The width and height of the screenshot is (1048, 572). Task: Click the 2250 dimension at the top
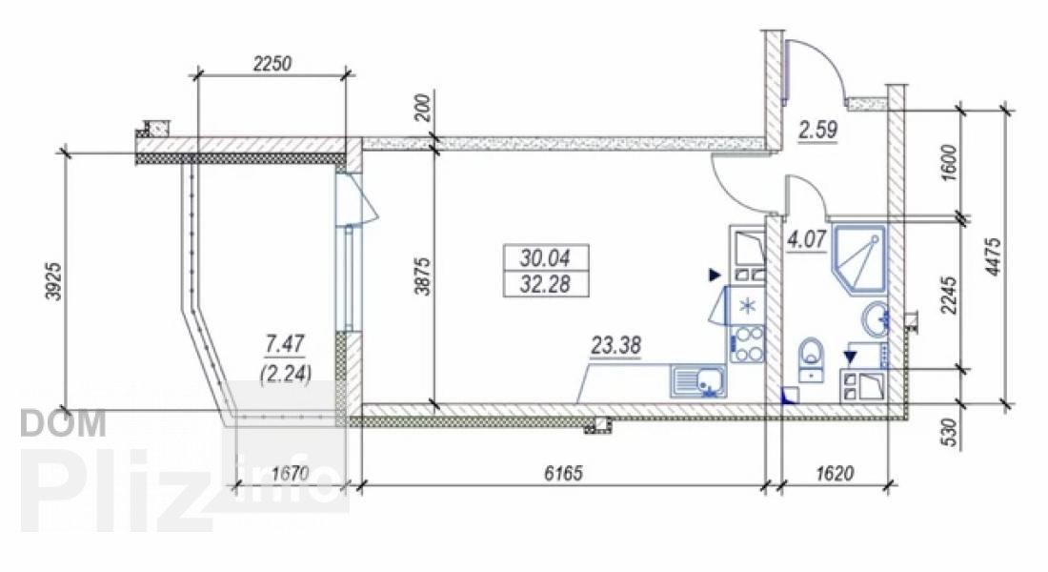coord(272,64)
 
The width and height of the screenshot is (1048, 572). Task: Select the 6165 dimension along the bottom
coord(563,474)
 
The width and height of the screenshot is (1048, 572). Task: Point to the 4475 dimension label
coord(994,256)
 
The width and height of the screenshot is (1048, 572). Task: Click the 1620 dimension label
coord(836,474)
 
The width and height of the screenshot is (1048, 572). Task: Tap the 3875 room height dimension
coord(422,276)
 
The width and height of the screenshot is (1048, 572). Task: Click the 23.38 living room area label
coord(615,346)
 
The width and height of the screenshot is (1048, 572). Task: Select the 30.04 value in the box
coord(545,256)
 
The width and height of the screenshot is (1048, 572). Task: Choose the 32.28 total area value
coord(545,284)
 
